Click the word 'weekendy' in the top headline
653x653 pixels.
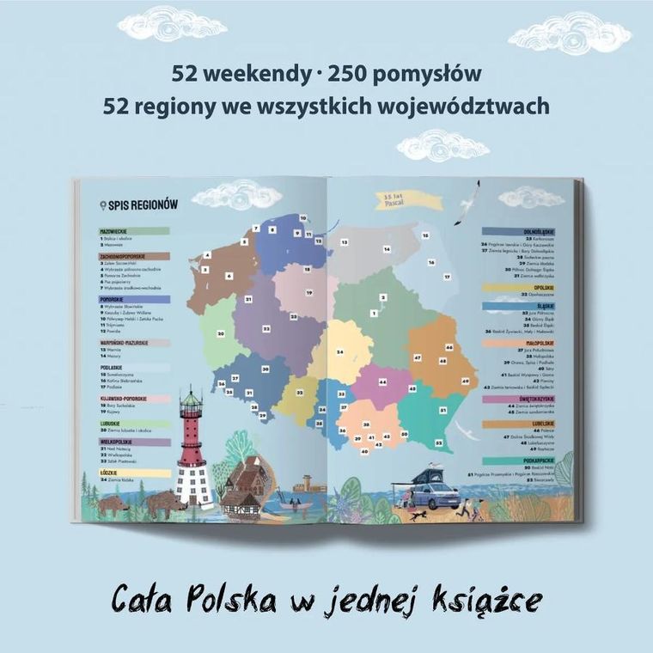click(252, 71)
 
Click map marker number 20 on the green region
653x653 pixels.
click(222, 334)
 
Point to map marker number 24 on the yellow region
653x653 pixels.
click(340, 351)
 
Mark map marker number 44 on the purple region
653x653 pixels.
click(382, 381)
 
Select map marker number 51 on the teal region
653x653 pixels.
click(442, 412)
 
